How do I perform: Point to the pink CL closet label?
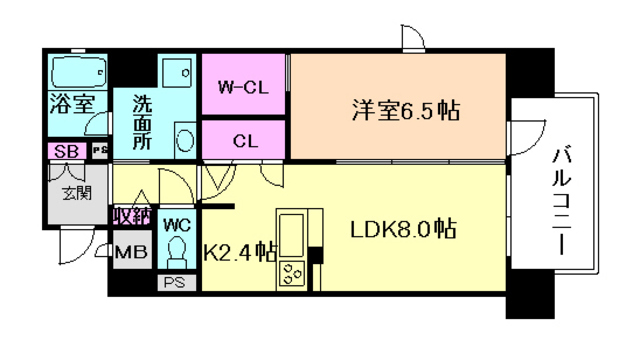245,140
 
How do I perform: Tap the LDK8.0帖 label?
403,228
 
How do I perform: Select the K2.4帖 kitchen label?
240,252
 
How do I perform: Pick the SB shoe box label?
67,151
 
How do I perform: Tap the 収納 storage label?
131,216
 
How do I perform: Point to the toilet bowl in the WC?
176,251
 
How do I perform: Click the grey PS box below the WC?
176,283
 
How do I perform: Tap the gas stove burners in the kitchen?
293,271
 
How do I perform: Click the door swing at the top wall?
413,40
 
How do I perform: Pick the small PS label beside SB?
99,151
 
